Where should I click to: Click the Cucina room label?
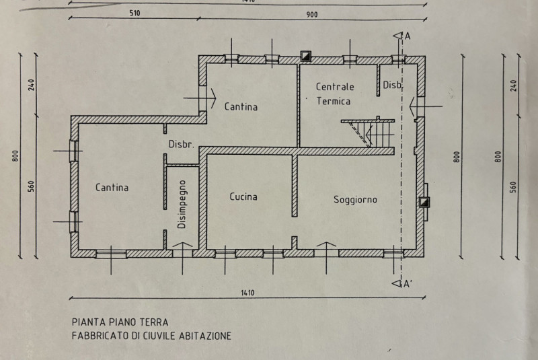(x=243, y=197)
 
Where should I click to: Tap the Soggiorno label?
(x=356, y=200)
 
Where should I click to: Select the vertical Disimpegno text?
(x=182, y=206)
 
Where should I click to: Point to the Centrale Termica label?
(x=334, y=94)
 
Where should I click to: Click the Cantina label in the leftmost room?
(x=112, y=188)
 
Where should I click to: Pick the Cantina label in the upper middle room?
(x=241, y=106)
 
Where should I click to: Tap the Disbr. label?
(x=181, y=145)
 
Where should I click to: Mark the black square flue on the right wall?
(x=425, y=202)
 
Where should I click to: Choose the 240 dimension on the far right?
(x=515, y=85)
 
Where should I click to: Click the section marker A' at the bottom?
(x=406, y=284)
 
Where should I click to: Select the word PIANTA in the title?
(x=87, y=322)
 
